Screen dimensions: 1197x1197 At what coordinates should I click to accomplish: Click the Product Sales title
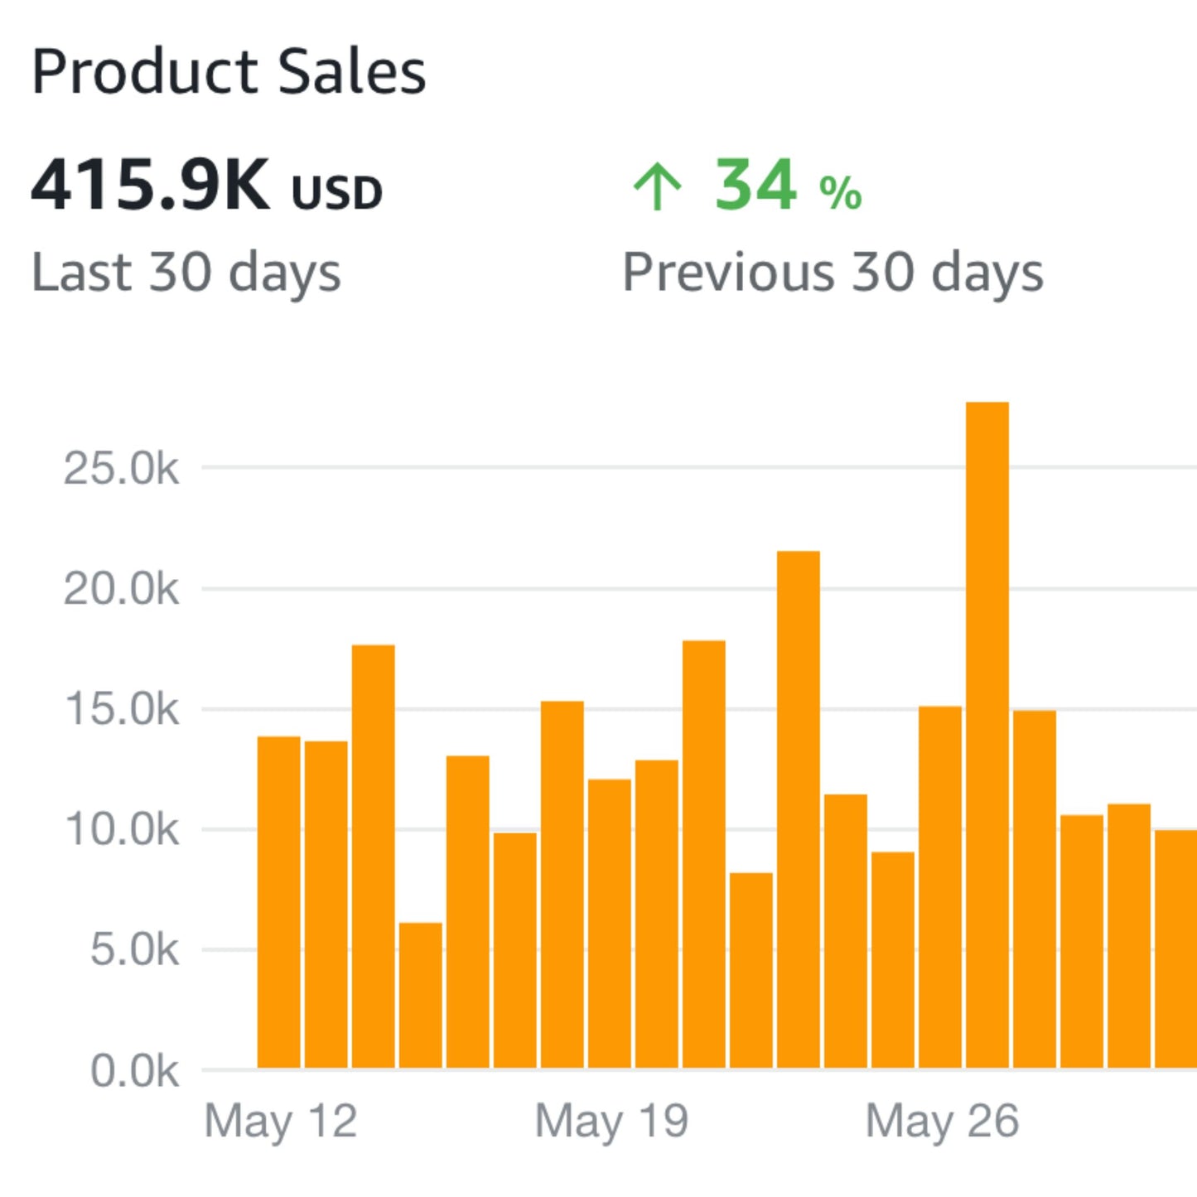coord(229,72)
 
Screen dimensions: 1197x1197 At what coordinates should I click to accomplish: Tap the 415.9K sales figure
coord(150,186)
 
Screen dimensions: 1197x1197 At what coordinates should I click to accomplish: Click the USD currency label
coord(336,193)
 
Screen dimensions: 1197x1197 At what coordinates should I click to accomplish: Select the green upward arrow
coord(657,186)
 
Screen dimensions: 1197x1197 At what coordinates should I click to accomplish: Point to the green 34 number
coord(755,186)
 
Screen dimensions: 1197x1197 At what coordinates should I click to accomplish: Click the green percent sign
coord(840,193)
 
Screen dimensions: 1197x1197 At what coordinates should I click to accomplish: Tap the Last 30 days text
coord(186,273)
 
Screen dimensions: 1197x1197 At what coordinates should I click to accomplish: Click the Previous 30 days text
coord(833,273)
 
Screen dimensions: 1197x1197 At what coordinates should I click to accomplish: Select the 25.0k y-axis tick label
coord(121,469)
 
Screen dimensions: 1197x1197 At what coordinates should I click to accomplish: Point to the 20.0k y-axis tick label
coord(121,590)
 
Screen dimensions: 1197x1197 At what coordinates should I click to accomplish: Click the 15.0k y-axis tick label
coord(121,710)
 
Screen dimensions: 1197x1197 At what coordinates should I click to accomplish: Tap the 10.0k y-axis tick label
coord(121,830)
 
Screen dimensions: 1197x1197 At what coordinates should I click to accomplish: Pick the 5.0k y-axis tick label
coord(133,950)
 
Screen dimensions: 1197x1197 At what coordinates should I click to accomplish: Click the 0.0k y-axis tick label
coord(133,1071)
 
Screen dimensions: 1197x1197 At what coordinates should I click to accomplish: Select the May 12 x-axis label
coord(280,1122)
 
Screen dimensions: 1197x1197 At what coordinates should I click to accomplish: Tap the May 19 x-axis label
coord(611,1122)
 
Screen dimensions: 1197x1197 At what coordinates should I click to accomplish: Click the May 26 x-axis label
coord(942,1122)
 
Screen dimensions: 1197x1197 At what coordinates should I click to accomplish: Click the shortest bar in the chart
coord(420,994)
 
